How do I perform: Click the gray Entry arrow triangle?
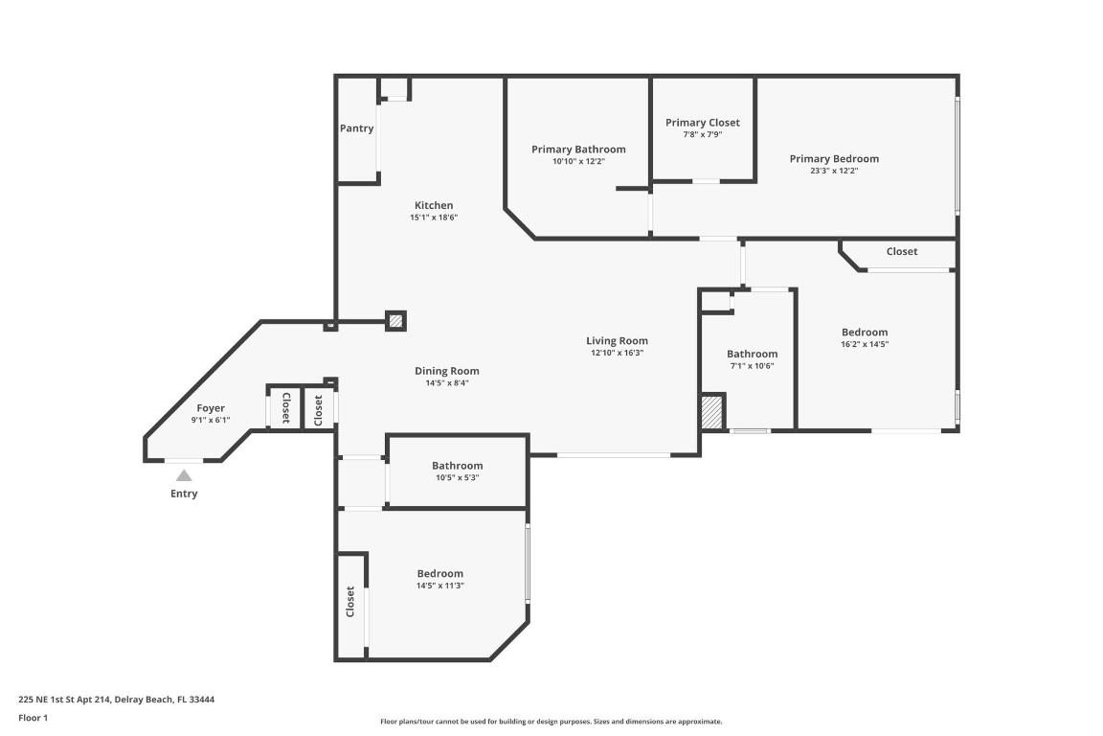[x=184, y=475]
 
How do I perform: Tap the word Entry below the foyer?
[x=184, y=494]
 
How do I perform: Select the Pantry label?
[x=356, y=128]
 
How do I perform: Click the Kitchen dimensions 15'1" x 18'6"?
[x=434, y=218]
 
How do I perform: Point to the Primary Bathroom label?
[x=578, y=149]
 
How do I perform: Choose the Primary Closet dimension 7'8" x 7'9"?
[x=702, y=135]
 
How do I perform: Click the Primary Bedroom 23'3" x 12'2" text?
[x=833, y=171]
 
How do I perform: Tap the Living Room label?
[x=617, y=340]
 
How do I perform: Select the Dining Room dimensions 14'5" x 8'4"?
[x=446, y=383]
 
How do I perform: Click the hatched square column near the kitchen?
[x=395, y=320]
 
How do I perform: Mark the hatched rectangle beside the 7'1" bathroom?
[x=711, y=413]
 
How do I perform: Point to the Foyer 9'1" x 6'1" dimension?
[x=211, y=421]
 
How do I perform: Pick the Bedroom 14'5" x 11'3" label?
[x=439, y=573]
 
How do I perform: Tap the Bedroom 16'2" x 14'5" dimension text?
[x=864, y=344]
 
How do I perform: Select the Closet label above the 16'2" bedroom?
[x=901, y=251]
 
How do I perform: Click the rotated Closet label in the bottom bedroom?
[x=349, y=601]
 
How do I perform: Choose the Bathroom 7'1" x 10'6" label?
[x=752, y=354]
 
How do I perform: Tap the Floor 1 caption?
[x=33, y=718]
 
